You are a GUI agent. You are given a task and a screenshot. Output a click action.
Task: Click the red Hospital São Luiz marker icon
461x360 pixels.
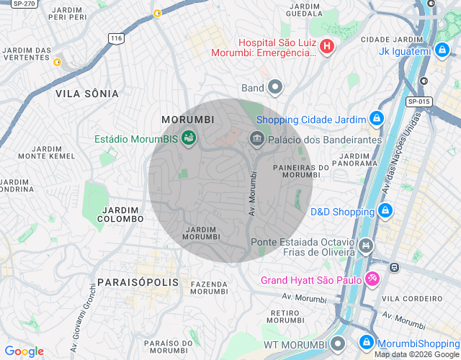(x=327, y=47)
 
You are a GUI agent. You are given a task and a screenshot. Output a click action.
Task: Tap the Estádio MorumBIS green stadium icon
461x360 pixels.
(x=189, y=138)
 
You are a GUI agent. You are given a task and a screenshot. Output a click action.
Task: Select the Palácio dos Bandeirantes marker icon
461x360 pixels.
(x=256, y=138)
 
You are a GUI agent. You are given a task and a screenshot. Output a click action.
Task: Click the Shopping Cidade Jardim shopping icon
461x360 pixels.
(x=376, y=118)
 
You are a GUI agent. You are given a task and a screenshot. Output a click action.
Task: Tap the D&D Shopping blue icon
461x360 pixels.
(x=385, y=211)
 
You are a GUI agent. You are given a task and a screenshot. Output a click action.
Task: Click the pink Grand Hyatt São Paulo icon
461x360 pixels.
(x=372, y=279)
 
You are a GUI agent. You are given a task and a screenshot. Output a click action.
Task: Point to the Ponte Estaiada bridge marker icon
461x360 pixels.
(x=366, y=247)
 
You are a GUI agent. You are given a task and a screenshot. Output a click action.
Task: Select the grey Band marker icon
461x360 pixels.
(x=274, y=89)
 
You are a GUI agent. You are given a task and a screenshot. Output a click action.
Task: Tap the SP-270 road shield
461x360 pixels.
(x=24, y=4)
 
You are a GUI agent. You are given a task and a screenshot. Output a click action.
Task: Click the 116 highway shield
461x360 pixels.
(x=115, y=37)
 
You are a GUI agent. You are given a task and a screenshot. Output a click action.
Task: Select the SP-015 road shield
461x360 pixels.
(x=419, y=102)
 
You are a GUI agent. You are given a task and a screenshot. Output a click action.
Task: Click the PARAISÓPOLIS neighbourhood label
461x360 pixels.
(x=137, y=281)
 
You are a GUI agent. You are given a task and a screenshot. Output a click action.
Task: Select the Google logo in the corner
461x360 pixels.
(x=24, y=351)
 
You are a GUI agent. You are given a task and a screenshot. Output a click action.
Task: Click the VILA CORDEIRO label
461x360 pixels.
(x=422, y=298)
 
